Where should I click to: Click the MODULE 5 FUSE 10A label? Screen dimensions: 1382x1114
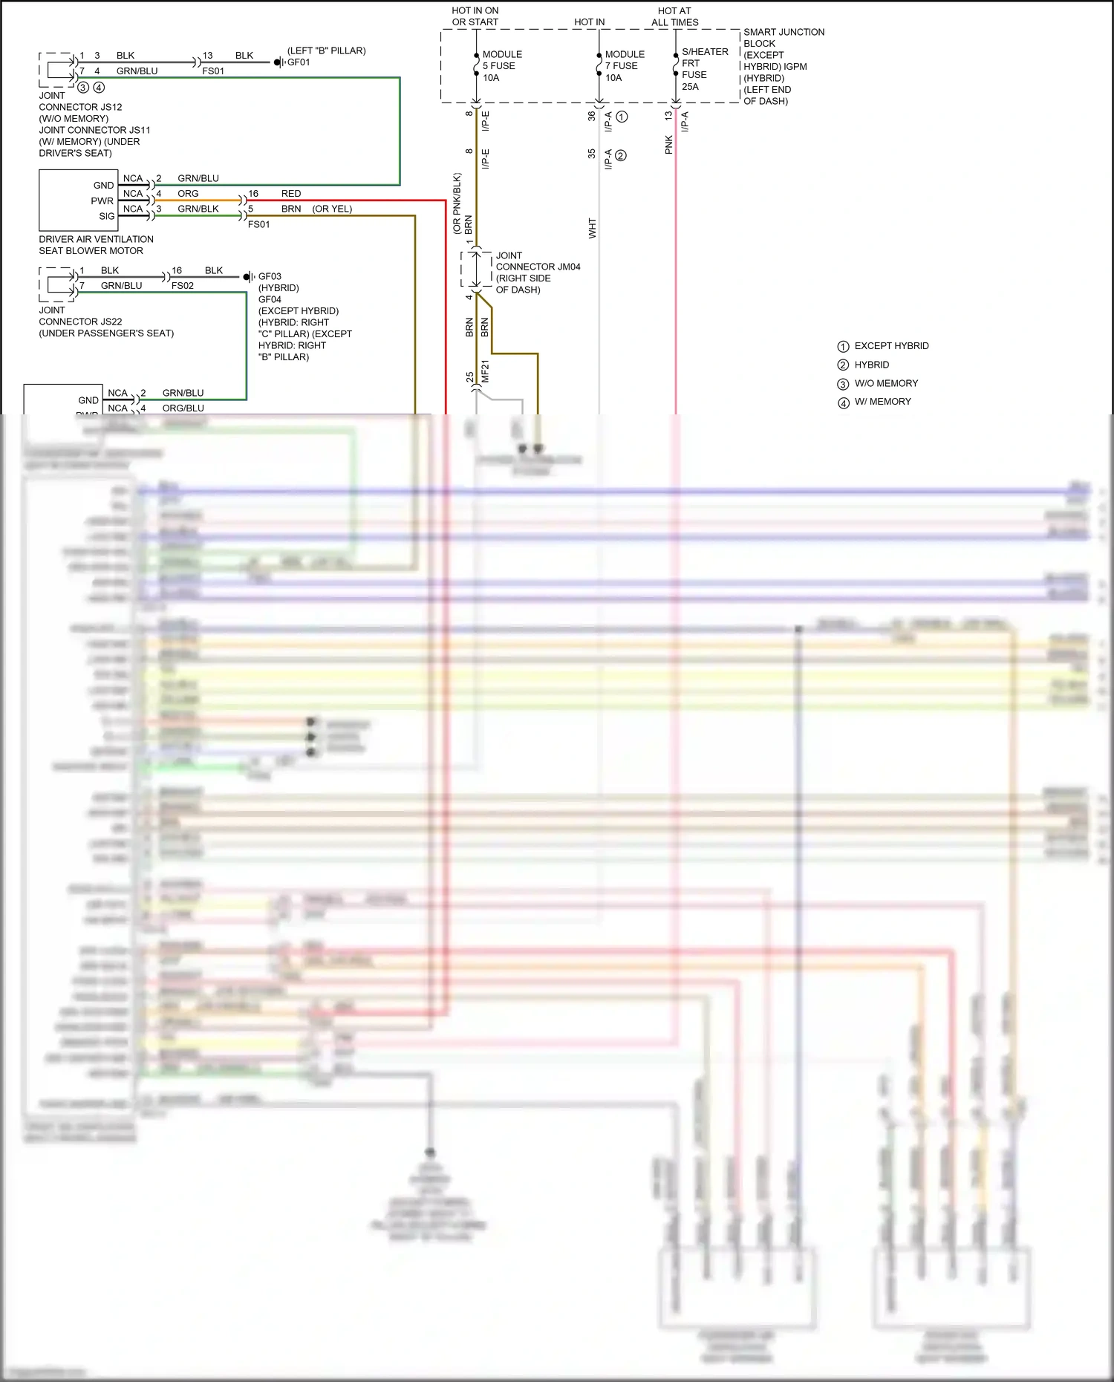tap(501, 66)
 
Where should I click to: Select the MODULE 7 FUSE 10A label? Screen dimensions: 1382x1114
tap(624, 66)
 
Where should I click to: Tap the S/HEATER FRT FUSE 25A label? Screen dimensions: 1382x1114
tap(703, 69)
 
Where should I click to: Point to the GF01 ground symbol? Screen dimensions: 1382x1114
tap(278, 62)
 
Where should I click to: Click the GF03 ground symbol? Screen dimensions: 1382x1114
tap(248, 277)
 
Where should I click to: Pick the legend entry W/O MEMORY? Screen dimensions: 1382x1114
tap(885, 383)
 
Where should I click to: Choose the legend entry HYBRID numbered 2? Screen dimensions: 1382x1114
tap(870, 365)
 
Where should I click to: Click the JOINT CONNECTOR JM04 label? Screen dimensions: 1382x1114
tap(537, 273)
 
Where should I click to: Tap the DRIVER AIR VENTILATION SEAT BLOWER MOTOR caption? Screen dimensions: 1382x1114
tap(96, 244)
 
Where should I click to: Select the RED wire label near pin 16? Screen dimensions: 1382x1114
tap(291, 194)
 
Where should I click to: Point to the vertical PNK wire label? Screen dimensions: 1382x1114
tap(669, 144)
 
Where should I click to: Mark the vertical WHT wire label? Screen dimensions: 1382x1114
tap(592, 227)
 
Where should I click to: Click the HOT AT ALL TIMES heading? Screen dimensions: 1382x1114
tap(674, 16)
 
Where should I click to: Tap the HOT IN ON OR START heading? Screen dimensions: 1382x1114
tap(475, 16)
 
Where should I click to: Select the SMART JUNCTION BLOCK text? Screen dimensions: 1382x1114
tap(784, 37)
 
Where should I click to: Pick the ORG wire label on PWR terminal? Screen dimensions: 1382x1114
tap(188, 194)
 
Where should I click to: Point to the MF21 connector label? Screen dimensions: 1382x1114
tap(486, 371)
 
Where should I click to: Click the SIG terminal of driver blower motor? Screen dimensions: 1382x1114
tap(107, 216)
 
